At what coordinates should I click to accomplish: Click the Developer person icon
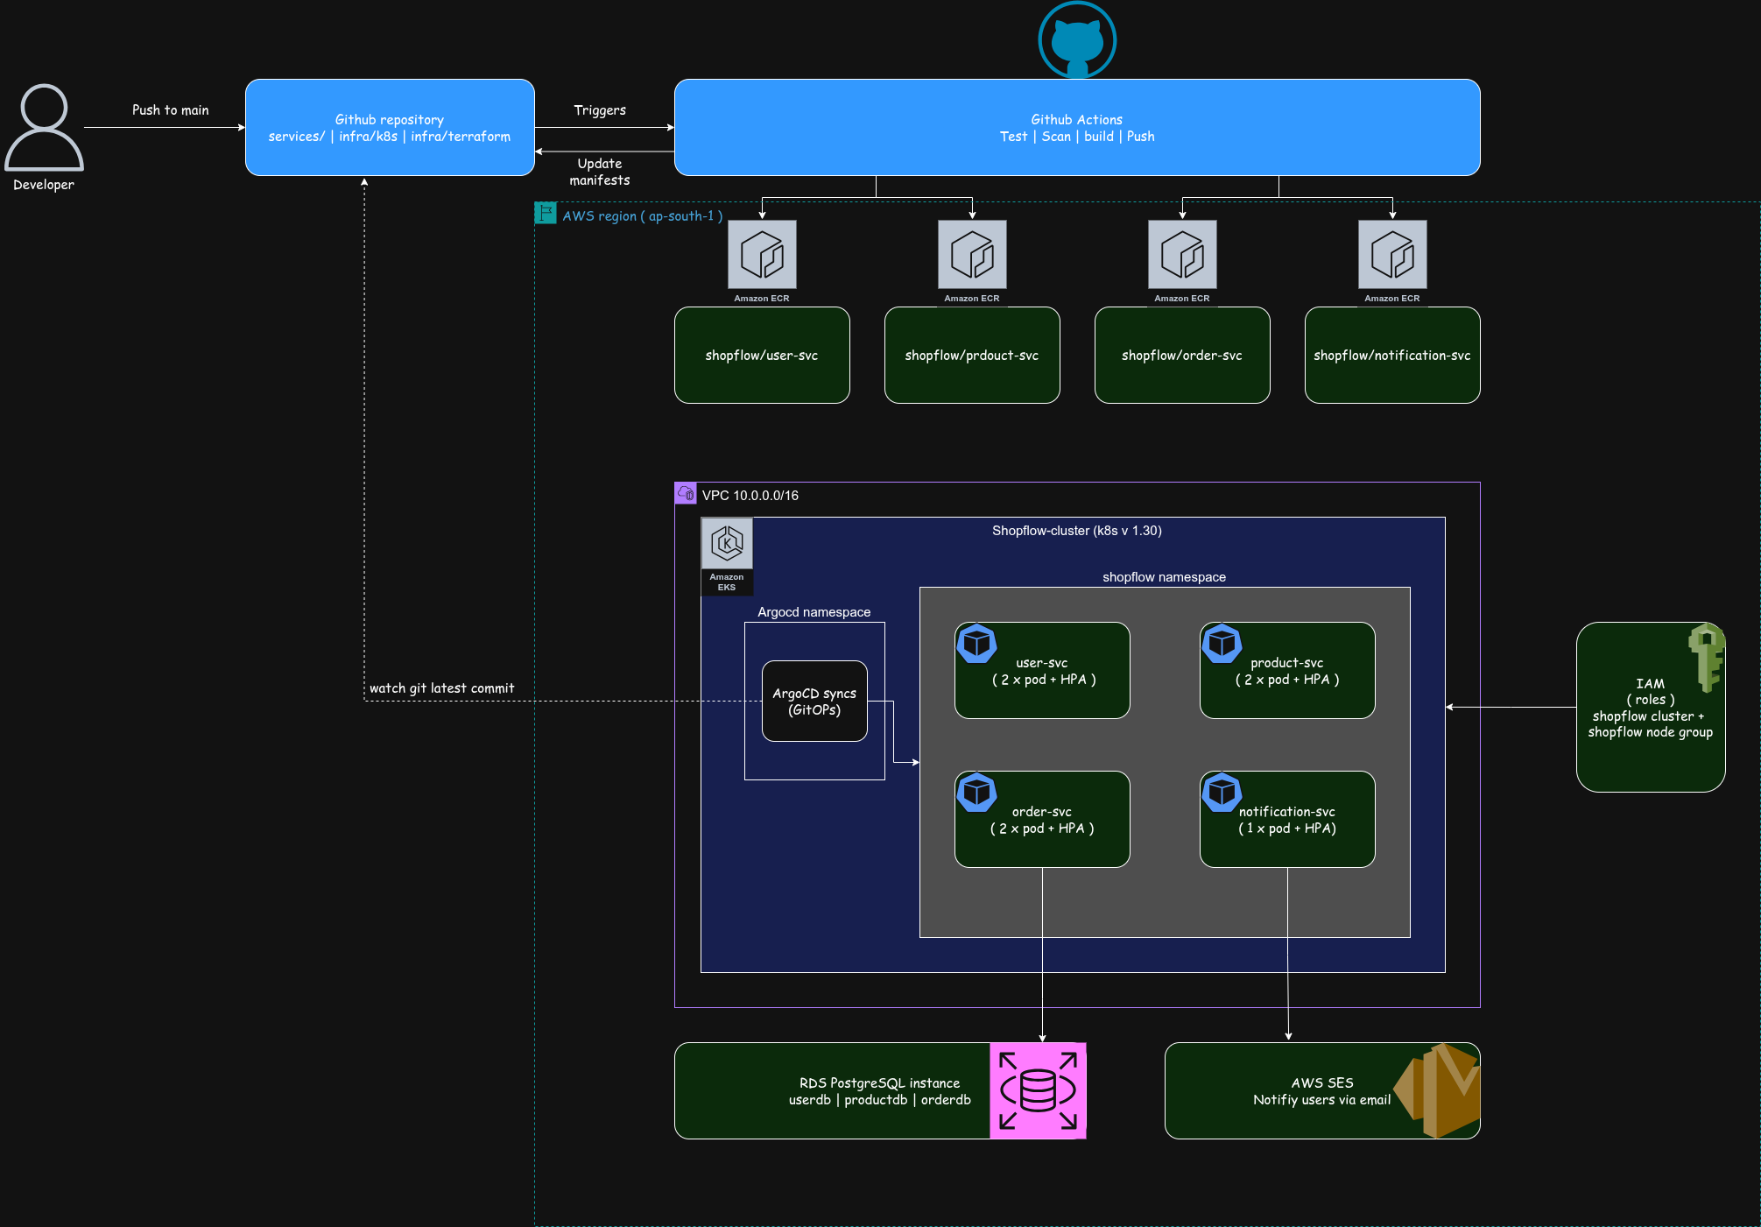(x=44, y=127)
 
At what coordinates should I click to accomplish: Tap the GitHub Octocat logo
(x=1077, y=40)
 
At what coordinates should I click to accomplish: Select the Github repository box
(x=390, y=127)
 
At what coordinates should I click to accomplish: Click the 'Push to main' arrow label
(x=171, y=110)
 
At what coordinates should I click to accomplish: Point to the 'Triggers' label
(x=600, y=110)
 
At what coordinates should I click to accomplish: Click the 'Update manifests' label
(x=600, y=172)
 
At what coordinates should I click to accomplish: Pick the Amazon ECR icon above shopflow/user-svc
(x=762, y=254)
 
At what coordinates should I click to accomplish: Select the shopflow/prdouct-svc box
(x=972, y=355)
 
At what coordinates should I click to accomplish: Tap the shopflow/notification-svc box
(x=1392, y=355)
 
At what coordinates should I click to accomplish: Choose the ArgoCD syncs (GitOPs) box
(x=814, y=701)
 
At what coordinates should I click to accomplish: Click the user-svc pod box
(x=1042, y=670)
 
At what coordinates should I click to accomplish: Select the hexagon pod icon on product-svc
(x=1222, y=644)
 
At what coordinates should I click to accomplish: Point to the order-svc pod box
(x=1042, y=819)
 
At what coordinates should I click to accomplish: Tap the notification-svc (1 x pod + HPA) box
(x=1287, y=819)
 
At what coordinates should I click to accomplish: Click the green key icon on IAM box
(x=1706, y=657)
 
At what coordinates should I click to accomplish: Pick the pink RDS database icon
(x=1038, y=1090)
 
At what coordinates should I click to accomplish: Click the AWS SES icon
(x=1437, y=1090)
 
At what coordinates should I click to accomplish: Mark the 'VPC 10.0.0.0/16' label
(x=750, y=496)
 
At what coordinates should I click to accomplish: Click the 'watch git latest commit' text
(x=441, y=688)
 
